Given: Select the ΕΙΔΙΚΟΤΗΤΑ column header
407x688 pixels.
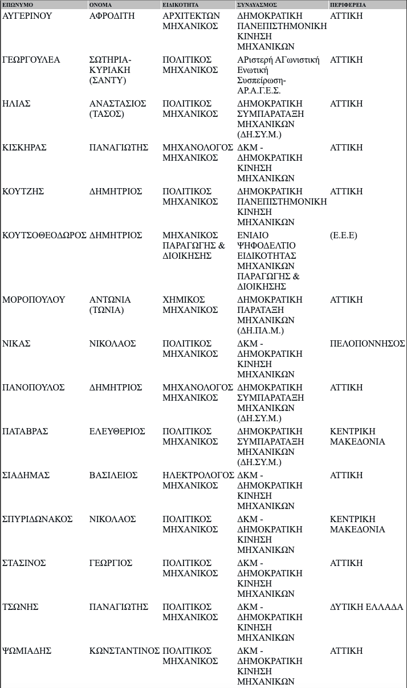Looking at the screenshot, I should [x=177, y=5].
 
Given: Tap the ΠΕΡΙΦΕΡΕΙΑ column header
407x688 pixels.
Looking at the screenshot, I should [x=348, y=5].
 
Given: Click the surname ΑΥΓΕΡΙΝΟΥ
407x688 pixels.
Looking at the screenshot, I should [x=27, y=16].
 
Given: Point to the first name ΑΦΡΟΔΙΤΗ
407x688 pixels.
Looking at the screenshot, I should [x=112, y=16].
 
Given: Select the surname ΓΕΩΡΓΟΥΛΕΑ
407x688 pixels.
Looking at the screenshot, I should [x=31, y=60].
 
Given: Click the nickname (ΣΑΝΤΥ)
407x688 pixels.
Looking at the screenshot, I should [x=108, y=80].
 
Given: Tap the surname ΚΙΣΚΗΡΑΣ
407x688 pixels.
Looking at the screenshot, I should [x=25, y=148].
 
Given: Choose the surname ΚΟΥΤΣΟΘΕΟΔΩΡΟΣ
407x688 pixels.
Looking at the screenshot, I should [x=44, y=235].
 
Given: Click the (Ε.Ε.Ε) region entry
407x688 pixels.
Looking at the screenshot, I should [x=344, y=235].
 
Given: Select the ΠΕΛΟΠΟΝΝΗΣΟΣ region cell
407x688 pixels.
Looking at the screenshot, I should [x=367, y=344].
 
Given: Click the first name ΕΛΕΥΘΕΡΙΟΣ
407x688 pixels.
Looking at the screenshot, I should [x=117, y=431].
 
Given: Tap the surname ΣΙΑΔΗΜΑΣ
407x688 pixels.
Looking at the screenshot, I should [x=26, y=475].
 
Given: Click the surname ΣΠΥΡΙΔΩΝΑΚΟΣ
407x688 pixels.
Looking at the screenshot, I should [x=38, y=519].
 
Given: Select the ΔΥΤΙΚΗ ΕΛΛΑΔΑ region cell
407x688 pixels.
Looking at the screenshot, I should [x=367, y=607].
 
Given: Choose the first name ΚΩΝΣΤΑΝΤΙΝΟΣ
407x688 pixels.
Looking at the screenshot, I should [x=125, y=651].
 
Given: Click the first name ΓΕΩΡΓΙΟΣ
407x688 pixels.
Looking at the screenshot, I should [x=111, y=563].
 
